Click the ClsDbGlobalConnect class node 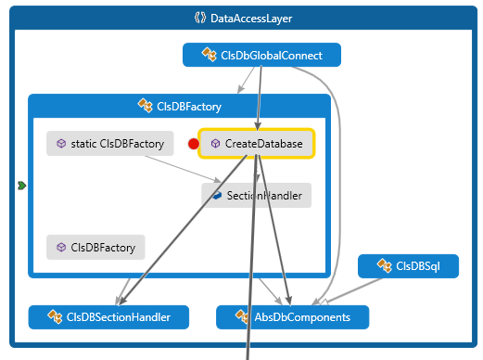[262, 56]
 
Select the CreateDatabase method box [257, 144]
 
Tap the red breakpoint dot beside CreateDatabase [194, 144]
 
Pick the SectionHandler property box [257, 195]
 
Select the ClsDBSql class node [408, 266]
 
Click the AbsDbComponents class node [292, 317]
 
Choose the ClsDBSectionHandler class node [107, 317]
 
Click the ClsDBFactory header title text [188, 106]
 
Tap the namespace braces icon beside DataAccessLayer [198, 17]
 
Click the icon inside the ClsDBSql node [383, 266]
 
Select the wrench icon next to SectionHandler [215, 195]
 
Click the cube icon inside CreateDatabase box [215, 144]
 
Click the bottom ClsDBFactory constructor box [96, 247]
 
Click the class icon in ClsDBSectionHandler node [53, 317]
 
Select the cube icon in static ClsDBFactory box [61, 144]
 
